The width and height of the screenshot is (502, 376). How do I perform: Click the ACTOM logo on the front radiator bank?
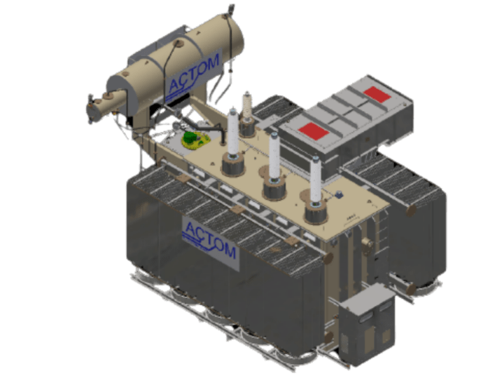209,238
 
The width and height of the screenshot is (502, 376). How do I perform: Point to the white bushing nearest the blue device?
316,179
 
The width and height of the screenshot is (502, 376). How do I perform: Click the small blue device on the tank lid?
339,196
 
